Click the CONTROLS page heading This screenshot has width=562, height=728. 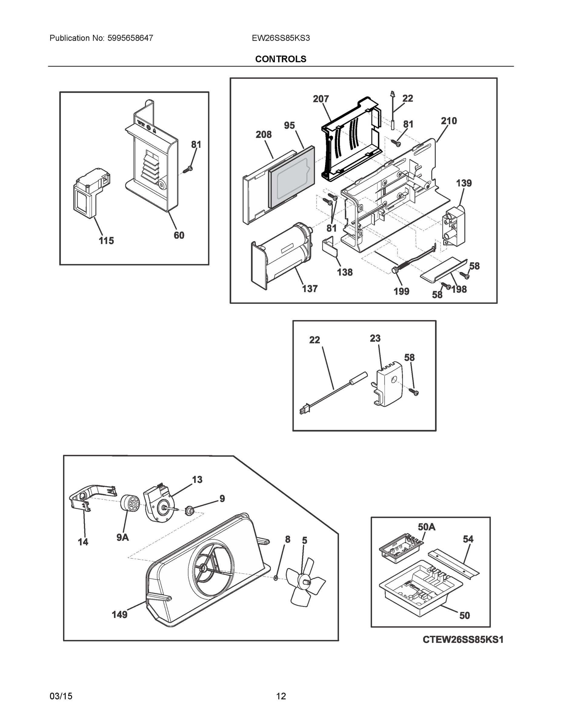[x=280, y=59]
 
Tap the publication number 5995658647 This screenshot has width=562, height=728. [x=130, y=38]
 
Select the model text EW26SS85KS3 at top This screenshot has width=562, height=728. [x=281, y=38]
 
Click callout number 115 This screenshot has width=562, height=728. [x=106, y=240]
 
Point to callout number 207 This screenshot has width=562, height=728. [x=321, y=99]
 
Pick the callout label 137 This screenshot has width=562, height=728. [x=309, y=289]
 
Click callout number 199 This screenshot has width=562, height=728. [x=401, y=291]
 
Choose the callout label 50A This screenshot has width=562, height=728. [x=427, y=527]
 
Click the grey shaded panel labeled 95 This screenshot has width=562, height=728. [x=292, y=177]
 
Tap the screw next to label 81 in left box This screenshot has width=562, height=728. [x=188, y=170]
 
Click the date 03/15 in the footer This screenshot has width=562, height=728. [x=61, y=696]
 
